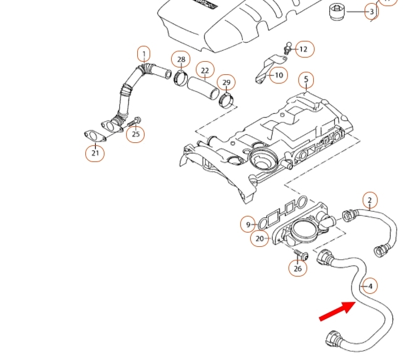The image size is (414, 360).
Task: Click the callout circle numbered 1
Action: point(143,54)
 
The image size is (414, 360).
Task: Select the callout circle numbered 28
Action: point(181,60)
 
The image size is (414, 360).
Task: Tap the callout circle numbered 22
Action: point(205,71)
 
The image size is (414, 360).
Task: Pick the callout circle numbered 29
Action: point(226,83)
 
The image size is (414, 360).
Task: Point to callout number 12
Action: point(303,49)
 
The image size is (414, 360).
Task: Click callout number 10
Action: point(279,75)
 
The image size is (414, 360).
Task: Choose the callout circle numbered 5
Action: point(305,80)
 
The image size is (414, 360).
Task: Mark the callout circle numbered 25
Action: point(136,134)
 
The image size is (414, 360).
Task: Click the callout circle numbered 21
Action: point(95,152)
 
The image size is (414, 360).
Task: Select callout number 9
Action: point(248,225)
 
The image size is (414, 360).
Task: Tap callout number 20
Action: point(260,238)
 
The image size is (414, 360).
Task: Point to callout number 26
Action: point(298,268)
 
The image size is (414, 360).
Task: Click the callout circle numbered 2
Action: point(370,200)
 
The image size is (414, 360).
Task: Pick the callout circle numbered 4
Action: point(370,286)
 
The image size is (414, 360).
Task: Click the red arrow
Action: point(337,310)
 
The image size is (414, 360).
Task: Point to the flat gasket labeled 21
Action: point(94,135)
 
